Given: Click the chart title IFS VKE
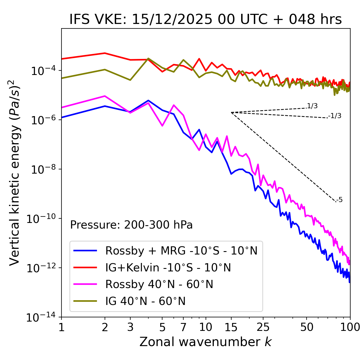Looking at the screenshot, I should pyautogui.click(x=206, y=19).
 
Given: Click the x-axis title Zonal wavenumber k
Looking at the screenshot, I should pyautogui.click(x=206, y=342).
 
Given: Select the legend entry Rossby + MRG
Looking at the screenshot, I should pyautogui.click(x=181, y=251).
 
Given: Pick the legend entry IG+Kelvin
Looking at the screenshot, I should pyautogui.click(x=168, y=267).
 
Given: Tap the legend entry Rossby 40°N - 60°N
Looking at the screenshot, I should pyautogui.click(x=159, y=284).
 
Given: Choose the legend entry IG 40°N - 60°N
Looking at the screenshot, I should pyautogui.click(x=145, y=301).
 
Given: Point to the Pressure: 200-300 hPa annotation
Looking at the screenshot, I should pyautogui.click(x=131, y=225).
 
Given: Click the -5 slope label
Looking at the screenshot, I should pyautogui.click(x=339, y=200).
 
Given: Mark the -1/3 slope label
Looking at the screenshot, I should pyautogui.click(x=335, y=116).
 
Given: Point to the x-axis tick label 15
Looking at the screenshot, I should pyautogui.click(x=231, y=327).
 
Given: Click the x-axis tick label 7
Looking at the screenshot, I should pyautogui.click(x=183, y=327).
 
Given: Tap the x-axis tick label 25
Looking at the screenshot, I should pyautogui.click(x=263, y=327).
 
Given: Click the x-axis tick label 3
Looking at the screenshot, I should pyautogui.click(x=130, y=327).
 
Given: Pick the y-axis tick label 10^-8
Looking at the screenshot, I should pyautogui.click(x=41, y=170).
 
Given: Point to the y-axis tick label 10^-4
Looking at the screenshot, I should pyautogui.click(x=41, y=71).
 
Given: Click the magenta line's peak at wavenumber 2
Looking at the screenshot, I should pyautogui.click(x=105, y=96).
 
